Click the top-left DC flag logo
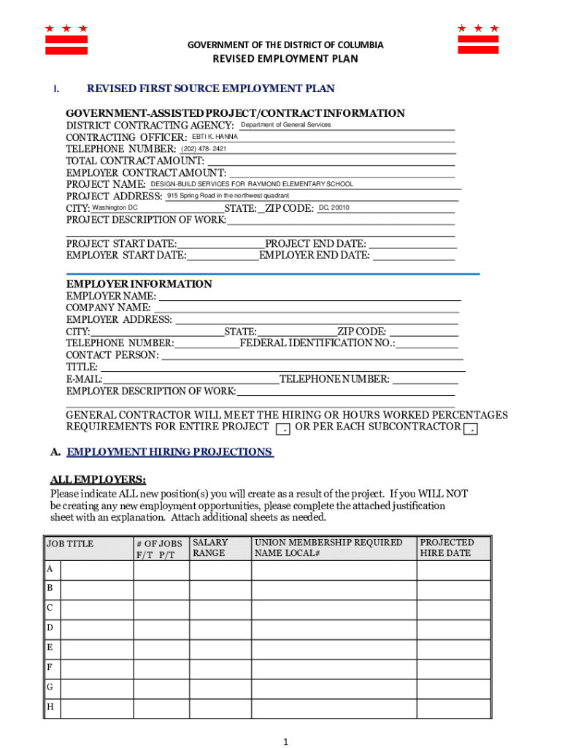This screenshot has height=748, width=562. pyautogui.click(x=66, y=39)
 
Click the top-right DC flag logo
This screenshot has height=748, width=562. pyautogui.click(x=478, y=39)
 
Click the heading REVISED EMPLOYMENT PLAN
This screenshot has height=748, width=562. pyautogui.click(x=285, y=59)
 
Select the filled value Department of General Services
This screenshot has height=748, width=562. pyautogui.click(x=286, y=125)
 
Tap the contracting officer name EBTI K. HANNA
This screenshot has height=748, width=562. pyautogui.click(x=215, y=137)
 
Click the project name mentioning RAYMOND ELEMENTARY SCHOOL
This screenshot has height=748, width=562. pyautogui.click(x=252, y=184)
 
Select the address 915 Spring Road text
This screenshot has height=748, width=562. pyautogui.click(x=228, y=196)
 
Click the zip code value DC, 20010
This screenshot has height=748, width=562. pyautogui.click(x=334, y=208)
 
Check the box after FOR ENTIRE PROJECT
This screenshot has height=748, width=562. pyautogui.click(x=282, y=427)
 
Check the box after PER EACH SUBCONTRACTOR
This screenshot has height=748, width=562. pyautogui.click(x=472, y=427)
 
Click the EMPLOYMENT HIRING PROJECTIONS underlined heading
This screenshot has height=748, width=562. pyautogui.click(x=169, y=452)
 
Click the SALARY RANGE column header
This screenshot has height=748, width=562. pyautogui.click(x=210, y=548)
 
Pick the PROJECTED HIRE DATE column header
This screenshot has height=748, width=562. pyautogui.click(x=447, y=548)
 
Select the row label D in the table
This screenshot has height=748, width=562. pyautogui.click(x=50, y=627)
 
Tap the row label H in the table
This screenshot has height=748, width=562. pyautogui.click(x=50, y=707)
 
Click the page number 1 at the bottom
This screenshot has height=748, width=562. pyautogui.click(x=286, y=741)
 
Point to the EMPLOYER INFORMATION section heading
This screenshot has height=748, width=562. pyautogui.click(x=139, y=284)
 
